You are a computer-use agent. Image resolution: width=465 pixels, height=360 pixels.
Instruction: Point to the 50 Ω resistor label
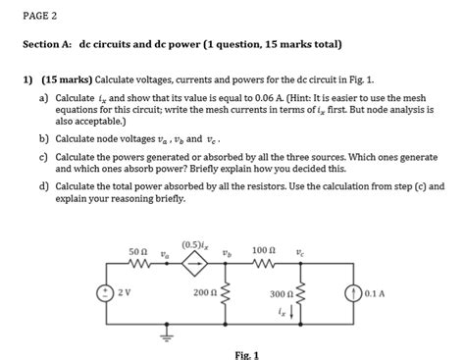coord(137,251)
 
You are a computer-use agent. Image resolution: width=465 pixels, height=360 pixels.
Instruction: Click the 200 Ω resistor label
coord(205,293)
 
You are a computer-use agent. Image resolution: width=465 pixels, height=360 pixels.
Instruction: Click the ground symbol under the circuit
coord(164,332)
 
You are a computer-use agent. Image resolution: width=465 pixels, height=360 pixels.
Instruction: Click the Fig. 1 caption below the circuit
coord(246,354)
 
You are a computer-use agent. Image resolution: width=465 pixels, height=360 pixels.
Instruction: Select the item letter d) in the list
coord(44,185)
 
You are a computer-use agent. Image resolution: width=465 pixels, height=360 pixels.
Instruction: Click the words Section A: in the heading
coord(48,46)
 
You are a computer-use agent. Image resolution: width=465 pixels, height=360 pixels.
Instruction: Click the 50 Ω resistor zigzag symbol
coord(136,264)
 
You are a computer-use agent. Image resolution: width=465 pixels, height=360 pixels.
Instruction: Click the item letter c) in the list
coord(44,156)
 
